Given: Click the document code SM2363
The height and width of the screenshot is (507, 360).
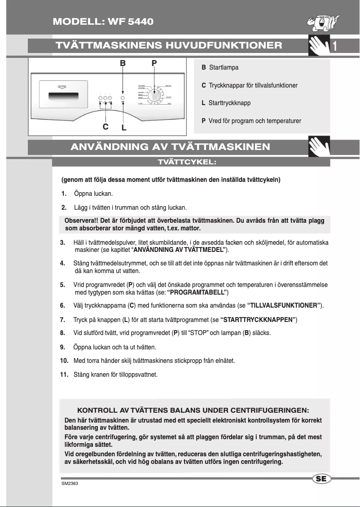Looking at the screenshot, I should coord(70,485).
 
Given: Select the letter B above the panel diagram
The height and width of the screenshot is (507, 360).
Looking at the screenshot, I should coord(123,64).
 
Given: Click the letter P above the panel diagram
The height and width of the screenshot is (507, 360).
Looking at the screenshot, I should coord(154,64).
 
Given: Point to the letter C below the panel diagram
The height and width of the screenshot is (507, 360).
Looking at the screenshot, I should coord(105,126).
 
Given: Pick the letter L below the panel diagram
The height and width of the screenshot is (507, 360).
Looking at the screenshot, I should coord(124,128).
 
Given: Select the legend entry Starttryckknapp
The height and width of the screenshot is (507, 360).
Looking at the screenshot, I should coord(229,103).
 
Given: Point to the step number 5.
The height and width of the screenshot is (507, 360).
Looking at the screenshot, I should coord(62,285).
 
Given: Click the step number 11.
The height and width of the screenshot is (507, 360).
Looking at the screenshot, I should coord(64,375).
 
